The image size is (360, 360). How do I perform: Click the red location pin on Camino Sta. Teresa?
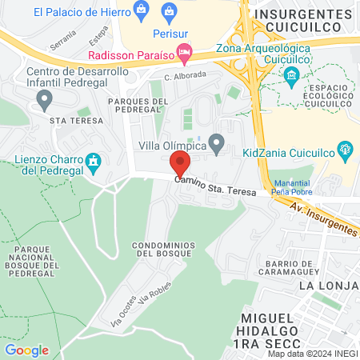pyautogui.click(x=181, y=164)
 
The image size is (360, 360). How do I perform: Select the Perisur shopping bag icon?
pyautogui.click(x=169, y=11)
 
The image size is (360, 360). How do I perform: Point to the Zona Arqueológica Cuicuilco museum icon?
pyautogui.click(x=291, y=77)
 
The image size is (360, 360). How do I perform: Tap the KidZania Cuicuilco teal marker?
pyautogui.click(x=346, y=148)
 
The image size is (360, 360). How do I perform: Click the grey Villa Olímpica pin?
pyautogui.click(x=215, y=145)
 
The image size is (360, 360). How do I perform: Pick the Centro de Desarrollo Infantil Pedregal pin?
pyautogui.click(x=45, y=100)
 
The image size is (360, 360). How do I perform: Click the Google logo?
pyautogui.click(x=26, y=350)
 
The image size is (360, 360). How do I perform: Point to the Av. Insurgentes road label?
pyautogui.click(x=324, y=218)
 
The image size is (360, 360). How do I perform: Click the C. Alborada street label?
pyautogui.click(x=186, y=75)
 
